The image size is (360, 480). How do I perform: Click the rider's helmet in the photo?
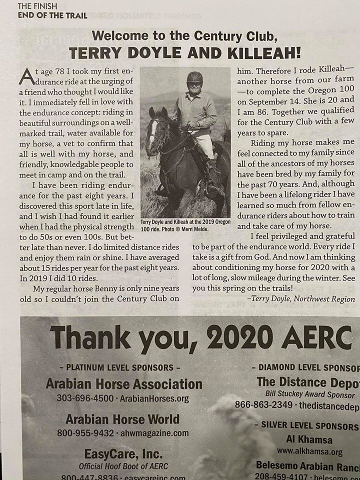[x=194, y=77]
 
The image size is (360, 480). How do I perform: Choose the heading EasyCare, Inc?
[x=124, y=454]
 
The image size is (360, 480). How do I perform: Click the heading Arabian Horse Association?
[x=123, y=384]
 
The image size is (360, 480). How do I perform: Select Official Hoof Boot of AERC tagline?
[x=124, y=466]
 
